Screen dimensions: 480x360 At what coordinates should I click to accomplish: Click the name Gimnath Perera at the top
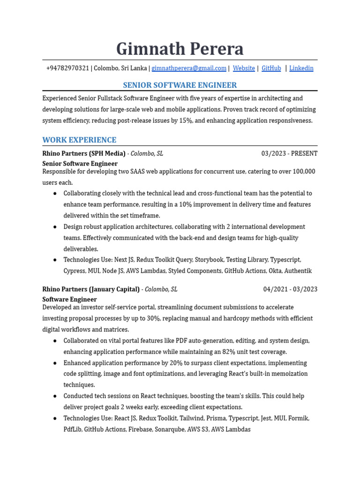(180, 49)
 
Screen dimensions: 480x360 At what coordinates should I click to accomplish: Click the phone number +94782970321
(67, 68)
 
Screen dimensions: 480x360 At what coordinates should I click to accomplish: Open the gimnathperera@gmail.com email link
(189, 68)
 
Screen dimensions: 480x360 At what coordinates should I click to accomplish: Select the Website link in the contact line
(244, 68)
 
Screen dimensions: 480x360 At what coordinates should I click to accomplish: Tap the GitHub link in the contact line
(271, 68)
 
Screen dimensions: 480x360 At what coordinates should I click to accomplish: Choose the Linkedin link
(301, 68)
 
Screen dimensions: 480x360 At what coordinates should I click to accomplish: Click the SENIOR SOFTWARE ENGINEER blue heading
(180, 85)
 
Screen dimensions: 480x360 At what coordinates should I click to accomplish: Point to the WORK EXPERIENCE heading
(79, 140)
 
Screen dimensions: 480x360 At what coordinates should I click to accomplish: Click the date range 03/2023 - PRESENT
(289, 153)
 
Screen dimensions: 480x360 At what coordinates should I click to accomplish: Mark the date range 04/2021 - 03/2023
(290, 289)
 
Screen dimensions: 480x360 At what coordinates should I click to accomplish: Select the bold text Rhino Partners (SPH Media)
(84, 153)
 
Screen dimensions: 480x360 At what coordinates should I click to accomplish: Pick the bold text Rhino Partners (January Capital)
(91, 289)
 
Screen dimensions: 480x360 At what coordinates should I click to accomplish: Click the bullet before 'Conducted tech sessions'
(55, 396)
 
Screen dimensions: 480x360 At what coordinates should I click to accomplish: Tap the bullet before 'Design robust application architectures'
(55, 227)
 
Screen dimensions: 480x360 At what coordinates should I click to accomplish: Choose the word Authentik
(298, 271)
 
